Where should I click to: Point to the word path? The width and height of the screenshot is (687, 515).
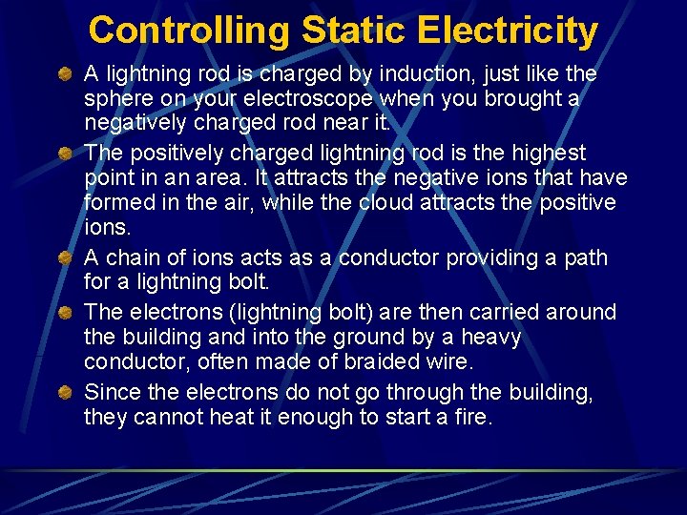[586, 258]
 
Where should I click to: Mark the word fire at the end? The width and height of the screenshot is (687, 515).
[471, 417]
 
